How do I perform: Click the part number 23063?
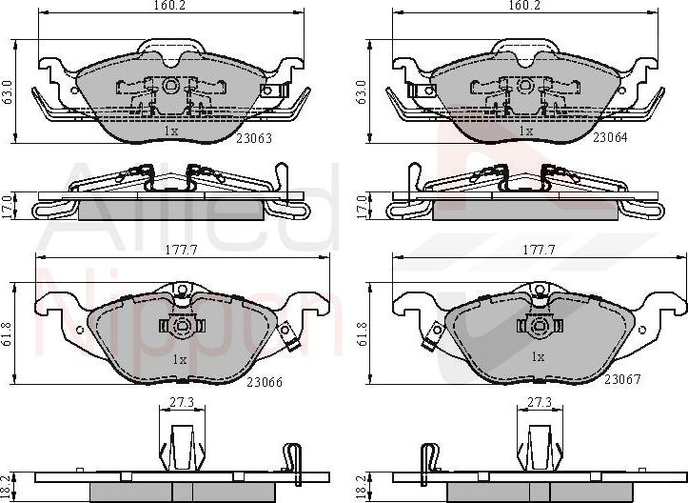[254, 138]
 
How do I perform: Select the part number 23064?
[610, 137]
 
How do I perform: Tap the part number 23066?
[265, 382]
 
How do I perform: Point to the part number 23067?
[622, 378]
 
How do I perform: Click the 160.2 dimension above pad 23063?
[168, 6]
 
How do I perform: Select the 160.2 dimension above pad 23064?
[524, 6]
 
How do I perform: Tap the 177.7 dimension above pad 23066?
[181, 250]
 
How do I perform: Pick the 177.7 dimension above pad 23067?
[539, 250]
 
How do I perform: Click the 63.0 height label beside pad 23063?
[8, 91]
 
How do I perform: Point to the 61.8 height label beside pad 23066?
[8, 333]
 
